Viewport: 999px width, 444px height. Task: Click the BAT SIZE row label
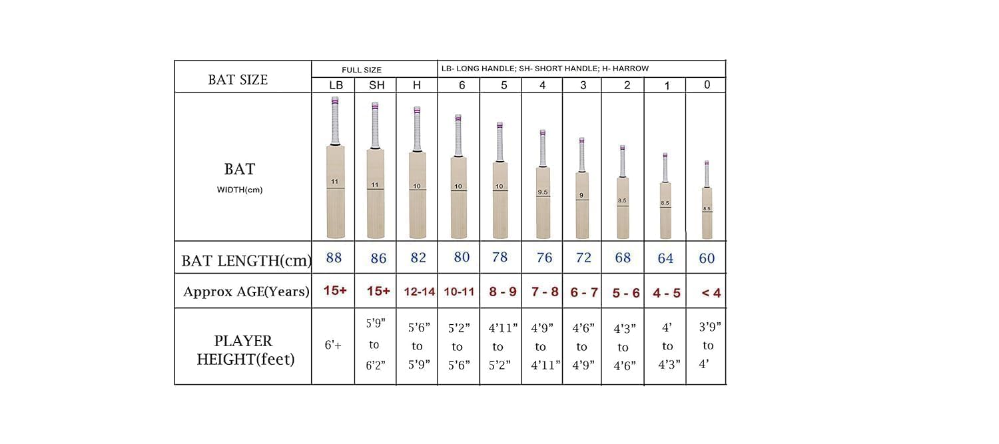pyautogui.click(x=238, y=80)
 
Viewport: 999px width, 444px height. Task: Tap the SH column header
pyautogui.click(x=376, y=85)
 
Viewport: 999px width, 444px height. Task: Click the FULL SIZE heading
pyautogui.click(x=362, y=69)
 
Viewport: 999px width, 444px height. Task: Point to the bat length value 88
pyautogui.click(x=334, y=258)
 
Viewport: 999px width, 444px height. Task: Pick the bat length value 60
pyautogui.click(x=707, y=258)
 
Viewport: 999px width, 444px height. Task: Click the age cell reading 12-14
pyautogui.click(x=418, y=292)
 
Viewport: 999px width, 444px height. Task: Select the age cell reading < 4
pyautogui.click(x=711, y=292)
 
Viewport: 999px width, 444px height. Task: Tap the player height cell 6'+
pyautogui.click(x=333, y=345)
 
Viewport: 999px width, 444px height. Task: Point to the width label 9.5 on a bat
pyautogui.click(x=543, y=192)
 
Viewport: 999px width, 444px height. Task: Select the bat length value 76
pyautogui.click(x=544, y=258)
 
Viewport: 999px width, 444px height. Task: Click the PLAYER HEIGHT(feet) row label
pyautogui.click(x=243, y=350)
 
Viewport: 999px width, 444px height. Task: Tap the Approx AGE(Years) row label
pyautogui.click(x=246, y=292)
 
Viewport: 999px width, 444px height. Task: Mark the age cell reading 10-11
pyautogui.click(x=459, y=292)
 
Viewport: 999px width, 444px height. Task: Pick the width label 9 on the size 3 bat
pyautogui.click(x=581, y=196)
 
